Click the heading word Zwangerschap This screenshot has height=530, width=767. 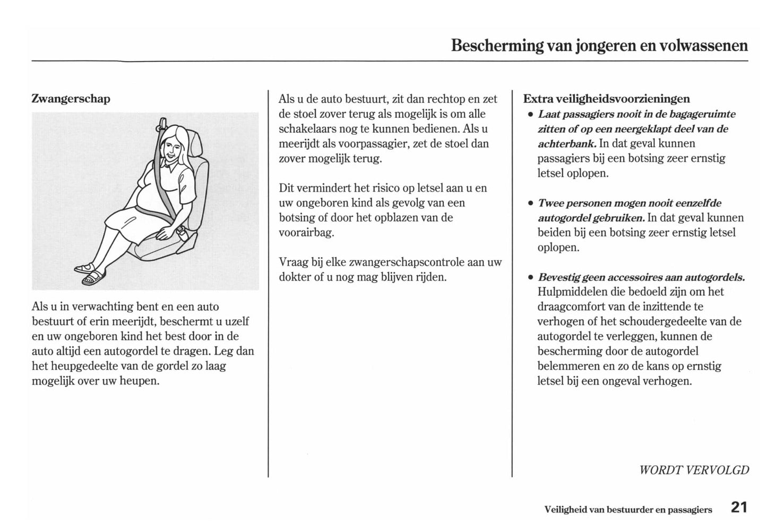71,99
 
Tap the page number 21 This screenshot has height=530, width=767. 738,508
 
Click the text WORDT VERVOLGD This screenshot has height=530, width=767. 694,470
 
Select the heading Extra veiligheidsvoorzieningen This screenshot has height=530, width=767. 606,99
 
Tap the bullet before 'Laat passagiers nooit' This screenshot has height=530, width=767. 530,115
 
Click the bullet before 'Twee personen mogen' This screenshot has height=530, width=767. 530,204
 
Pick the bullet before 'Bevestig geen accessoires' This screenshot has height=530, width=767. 530,278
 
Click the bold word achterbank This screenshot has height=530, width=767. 566,144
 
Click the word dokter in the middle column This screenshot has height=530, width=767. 295,277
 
